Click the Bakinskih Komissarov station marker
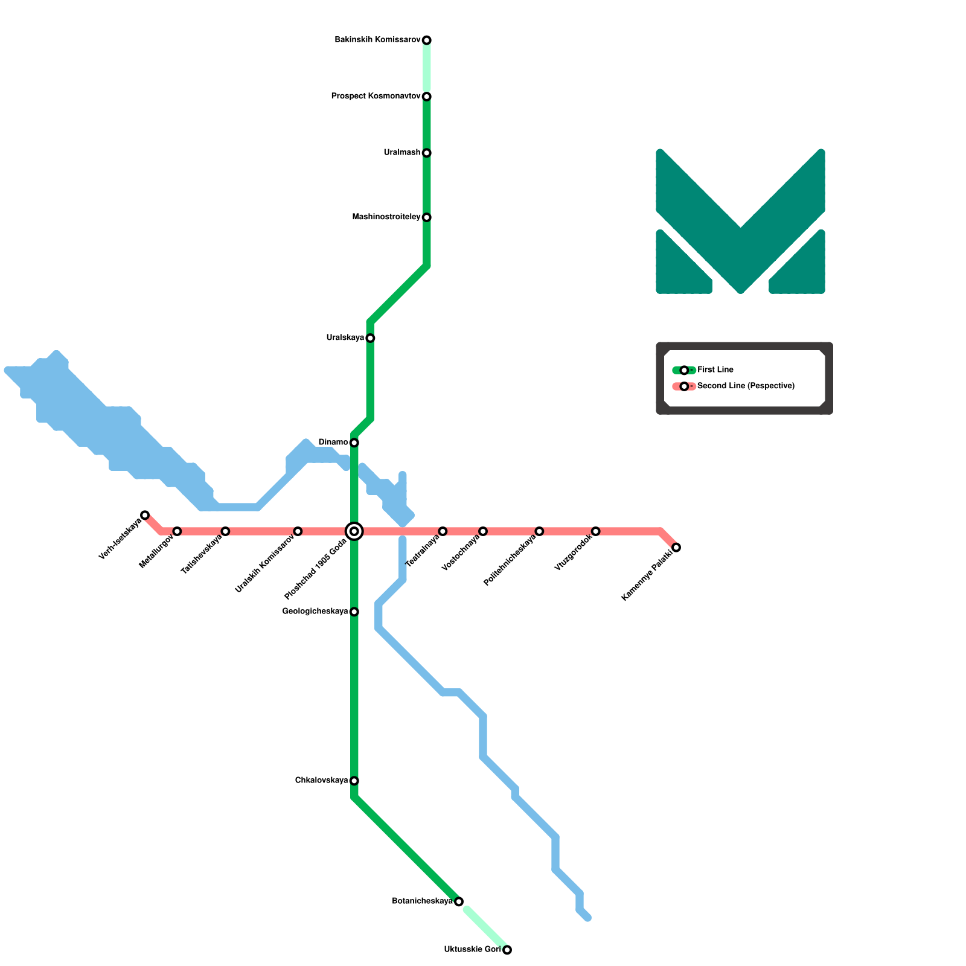pos(427,40)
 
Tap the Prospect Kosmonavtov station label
pos(376,97)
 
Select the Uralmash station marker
pos(427,153)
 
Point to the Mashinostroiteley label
pos(386,217)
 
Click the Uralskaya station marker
pos(371,338)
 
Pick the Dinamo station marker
pos(354,443)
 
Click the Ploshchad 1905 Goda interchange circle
pos(354,531)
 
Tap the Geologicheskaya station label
pos(315,612)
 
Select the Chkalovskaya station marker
pos(354,781)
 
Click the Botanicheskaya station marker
pos(459,902)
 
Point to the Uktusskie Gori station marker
pos(507,950)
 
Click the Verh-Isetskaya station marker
pos(145,515)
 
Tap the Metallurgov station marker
pos(177,531)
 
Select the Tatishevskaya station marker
pos(225,531)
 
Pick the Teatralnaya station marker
pos(443,531)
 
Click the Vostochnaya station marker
pos(483,531)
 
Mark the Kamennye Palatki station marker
pos(677,548)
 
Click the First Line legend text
pos(715,370)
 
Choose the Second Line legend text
pos(746,386)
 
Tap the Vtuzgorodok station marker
pos(596,531)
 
